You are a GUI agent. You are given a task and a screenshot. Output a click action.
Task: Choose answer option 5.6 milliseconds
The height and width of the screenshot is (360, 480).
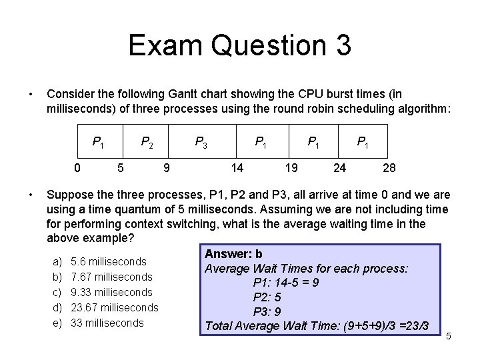(108, 261)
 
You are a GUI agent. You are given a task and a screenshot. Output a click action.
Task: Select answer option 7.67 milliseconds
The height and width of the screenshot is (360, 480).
(111, 277)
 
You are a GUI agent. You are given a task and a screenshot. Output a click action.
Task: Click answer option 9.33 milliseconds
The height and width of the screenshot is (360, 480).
(111, 292)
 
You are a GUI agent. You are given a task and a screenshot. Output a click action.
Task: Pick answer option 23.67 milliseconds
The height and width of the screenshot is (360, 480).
(114, 307)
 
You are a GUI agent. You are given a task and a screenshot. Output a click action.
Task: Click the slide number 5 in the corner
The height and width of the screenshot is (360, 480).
(449, 336)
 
